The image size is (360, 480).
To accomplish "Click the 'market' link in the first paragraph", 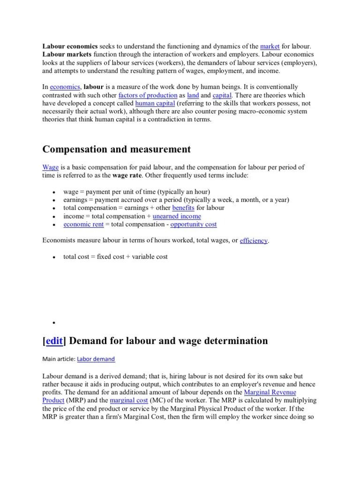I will [x=270, y=46].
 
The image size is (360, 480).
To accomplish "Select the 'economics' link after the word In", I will [x=65, y=87].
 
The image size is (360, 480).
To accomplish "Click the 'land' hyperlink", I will [x=193, y=95].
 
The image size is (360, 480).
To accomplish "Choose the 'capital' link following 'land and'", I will [x=222, y=95].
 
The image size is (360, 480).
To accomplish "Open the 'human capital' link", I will [x=155, y=103].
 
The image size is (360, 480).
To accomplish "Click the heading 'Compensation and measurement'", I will [x=117, y=149].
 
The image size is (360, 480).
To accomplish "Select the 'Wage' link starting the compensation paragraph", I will [x=50, y=167].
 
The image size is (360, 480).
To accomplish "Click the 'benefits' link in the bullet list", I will [x=183, y=208].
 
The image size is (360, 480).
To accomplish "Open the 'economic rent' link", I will [x=83, y=225].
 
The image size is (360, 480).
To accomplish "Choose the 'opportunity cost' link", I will [x=193, y=225].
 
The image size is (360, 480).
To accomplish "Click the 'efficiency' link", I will [x=254, y=240].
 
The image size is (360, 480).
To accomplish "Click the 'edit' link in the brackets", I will [x=54, y=341].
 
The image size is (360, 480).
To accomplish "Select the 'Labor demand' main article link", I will [x=96, y=359].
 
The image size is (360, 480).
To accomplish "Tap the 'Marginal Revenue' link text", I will [x=270, y=392].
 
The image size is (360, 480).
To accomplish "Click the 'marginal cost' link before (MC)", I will [x=128, y=400].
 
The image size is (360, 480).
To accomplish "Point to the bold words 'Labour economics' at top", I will [x=70, y=46].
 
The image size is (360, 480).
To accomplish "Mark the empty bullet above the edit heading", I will [x=54, y=323].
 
